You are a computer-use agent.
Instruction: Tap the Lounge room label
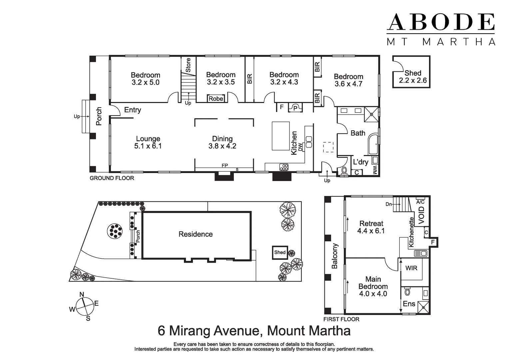(148, 142)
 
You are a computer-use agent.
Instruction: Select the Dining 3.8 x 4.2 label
(222, 142)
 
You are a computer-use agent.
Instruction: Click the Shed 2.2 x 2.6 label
(413, 77)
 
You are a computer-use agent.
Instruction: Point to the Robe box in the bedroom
(216, 99)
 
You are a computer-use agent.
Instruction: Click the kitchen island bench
(281, 136)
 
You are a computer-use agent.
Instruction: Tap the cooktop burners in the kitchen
(284, 167)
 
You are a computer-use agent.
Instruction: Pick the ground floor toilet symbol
(344, 171)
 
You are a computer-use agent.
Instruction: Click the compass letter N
(82, 294)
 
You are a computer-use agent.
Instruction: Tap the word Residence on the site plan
(196, 234)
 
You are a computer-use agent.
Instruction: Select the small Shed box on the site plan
(279, 252)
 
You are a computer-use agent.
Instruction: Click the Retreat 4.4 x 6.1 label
(371, 227)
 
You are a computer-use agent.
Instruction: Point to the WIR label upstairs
(411, 268)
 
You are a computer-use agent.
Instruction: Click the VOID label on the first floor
(422, 215)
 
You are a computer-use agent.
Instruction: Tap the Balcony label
(334, 256)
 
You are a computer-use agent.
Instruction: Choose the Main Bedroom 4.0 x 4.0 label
(373, 286)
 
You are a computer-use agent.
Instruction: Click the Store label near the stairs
(188, 65)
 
